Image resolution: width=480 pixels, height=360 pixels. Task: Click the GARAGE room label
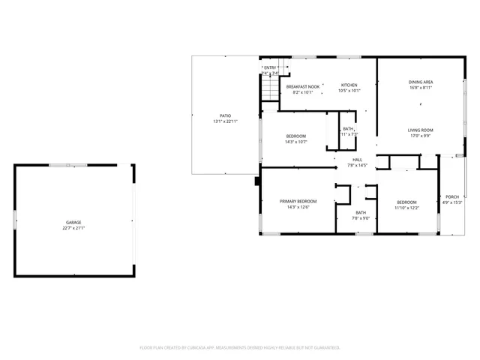point(73,223)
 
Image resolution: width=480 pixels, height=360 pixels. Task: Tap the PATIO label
point(225,115)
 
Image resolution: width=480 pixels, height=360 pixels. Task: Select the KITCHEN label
point(349,85)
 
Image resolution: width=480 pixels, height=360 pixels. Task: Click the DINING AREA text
point(421,82)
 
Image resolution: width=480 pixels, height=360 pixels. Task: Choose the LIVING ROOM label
point(421,130)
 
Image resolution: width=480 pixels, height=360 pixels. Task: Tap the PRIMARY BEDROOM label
point(298,202)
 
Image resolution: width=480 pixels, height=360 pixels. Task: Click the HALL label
point(358,159)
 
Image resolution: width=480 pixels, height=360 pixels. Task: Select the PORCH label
point(452,197)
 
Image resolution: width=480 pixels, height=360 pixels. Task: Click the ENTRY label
point(270,67)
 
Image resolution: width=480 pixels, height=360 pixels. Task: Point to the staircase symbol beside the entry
point(269,90)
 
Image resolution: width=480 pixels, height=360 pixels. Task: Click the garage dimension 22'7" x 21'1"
point(73,228)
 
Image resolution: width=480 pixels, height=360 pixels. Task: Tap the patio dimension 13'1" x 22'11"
point(225,121)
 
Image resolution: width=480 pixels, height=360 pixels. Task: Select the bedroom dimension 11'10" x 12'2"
point(407,207)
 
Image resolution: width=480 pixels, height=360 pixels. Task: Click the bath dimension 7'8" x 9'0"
point(361,218)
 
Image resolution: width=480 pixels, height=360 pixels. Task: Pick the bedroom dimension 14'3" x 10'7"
point(295,142)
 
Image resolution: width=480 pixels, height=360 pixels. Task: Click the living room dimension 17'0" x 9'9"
point(421,136)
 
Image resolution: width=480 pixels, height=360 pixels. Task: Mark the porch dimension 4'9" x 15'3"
point(452,202)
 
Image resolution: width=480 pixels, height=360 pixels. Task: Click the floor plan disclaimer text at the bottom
point(240,347)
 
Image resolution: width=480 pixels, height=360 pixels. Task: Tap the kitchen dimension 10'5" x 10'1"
point(349,91)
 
